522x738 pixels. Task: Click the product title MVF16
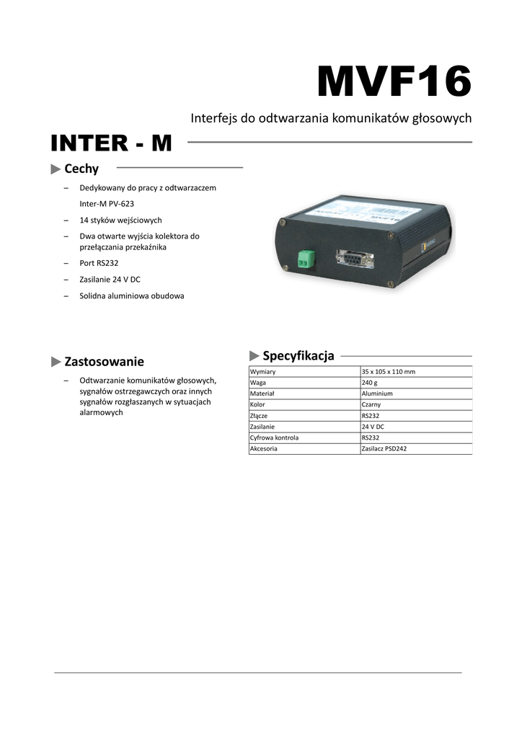coord(394,82)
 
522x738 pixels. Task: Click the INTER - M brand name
coord(111,143)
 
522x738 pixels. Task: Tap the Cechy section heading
coord(81,169)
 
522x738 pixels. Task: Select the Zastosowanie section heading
coord(104,361)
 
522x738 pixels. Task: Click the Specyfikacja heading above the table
coord(298,355)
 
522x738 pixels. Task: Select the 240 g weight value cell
coord(370,383)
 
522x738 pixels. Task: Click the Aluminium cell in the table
coord(377,394)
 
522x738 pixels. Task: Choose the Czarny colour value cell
coord(372,405)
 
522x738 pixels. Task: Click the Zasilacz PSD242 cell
coord(384,448)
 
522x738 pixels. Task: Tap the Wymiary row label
coord(263,372)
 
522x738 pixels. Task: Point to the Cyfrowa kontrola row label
coord(274,437)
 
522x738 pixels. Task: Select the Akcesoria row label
coord(264,448)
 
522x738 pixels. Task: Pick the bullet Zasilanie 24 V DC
coord(110,280)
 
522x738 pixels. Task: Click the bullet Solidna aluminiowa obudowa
coord(131,295)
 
